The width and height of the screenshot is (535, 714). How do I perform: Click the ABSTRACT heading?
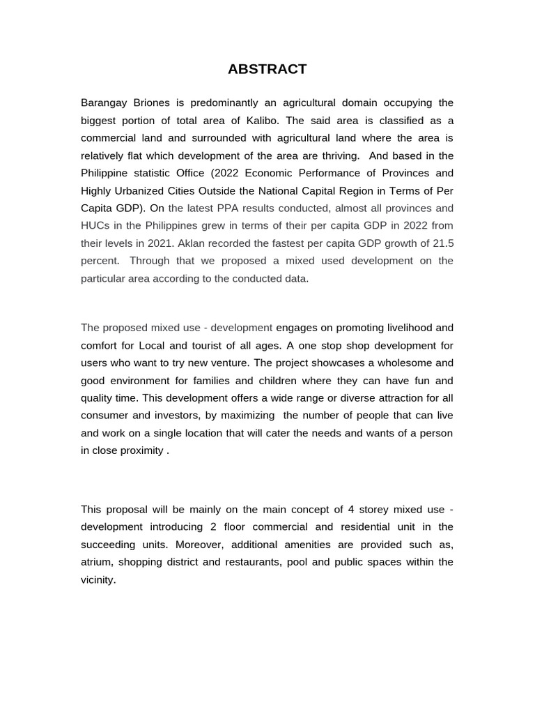267,69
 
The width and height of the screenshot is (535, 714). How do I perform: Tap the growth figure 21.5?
442,243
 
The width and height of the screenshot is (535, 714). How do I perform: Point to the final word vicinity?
98,579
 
